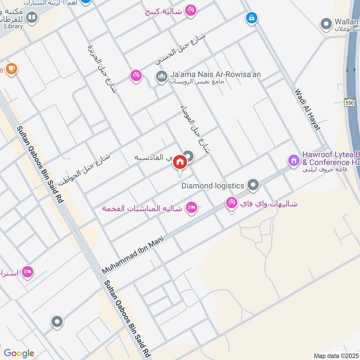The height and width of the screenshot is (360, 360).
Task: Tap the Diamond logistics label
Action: coord(213,185)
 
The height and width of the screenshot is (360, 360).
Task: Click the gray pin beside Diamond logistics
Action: coord(253,185)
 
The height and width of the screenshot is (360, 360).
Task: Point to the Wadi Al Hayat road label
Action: coord(307,110)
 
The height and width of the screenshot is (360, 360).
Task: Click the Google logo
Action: coord(19,353)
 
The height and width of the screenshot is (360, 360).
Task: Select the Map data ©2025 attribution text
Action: coord(336,355)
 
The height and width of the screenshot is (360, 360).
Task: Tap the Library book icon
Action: coord(31,18)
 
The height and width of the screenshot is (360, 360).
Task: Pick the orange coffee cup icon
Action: coord(11,68)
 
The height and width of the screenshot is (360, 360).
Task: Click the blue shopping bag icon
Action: coord(251,18)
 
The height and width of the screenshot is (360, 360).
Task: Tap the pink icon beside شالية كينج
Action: coord(191,10)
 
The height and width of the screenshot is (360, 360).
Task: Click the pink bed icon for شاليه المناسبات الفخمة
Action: coord(192,208)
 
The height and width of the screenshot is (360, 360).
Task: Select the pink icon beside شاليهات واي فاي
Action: coord(232,203)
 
